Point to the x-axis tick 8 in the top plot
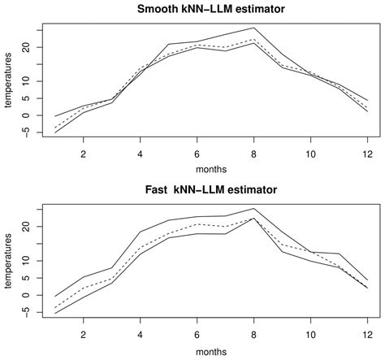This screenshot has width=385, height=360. pos(253,154)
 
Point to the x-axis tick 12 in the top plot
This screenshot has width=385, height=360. pos(367,154)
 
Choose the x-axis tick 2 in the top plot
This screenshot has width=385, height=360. pos(83,154)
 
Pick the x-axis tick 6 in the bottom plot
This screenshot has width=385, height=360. pos(197,333)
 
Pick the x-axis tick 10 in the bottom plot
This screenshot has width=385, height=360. pos(310,333)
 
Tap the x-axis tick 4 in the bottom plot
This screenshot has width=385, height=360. pos(140,333)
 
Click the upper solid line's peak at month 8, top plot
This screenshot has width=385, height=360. pos(253,28)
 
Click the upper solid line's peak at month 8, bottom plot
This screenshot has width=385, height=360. pos(253,208)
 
